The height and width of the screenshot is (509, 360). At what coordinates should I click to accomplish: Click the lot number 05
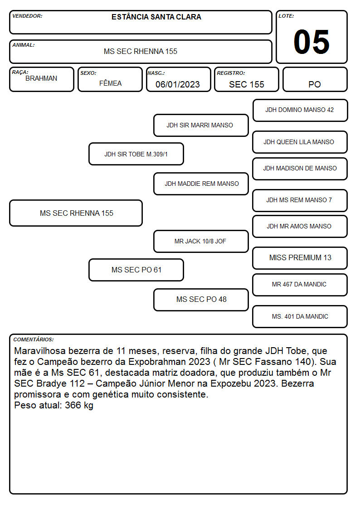click(x=311, y=42)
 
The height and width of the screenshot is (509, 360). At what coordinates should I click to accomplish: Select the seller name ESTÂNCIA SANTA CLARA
click(x=156, y=17)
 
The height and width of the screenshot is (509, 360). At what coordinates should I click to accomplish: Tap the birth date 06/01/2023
click(x=178, y=84)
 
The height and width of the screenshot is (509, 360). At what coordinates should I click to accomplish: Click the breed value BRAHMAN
click(x=41, y=78)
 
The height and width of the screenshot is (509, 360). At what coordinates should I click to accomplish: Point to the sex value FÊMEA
click(x=110, y=83)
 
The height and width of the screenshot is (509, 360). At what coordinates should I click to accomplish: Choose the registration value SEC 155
click(x=246, y=84)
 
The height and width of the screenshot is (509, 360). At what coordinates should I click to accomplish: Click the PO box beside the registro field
click(x=315, y=79)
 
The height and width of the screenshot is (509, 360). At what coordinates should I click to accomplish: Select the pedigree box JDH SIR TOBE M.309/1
click(x=136, y=154)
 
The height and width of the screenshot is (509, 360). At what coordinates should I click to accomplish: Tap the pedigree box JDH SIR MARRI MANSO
click(x=201, y=125)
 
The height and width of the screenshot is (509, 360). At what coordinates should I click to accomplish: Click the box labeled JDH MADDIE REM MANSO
click(x=201, y=184)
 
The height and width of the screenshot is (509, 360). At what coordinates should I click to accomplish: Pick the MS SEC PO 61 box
click(x=136, y=270)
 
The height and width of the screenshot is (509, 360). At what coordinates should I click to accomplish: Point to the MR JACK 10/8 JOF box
click(x=201, y=241)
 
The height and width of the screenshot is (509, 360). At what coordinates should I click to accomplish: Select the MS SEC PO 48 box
click(x=201, y=300)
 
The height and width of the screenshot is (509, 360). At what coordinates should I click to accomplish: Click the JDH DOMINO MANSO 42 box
click(x=300, y=111)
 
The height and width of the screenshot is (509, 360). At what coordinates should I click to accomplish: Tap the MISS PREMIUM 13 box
click(x=300, y=258)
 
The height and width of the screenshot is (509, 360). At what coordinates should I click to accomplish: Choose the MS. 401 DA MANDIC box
click(x=300, y=316)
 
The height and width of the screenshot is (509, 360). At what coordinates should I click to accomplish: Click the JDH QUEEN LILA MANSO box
click(x=300, y=142)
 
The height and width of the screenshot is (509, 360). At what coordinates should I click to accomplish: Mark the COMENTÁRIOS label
click(x=34, y=339)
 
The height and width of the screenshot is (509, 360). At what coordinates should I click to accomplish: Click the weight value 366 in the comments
click(x=73, y=405)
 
